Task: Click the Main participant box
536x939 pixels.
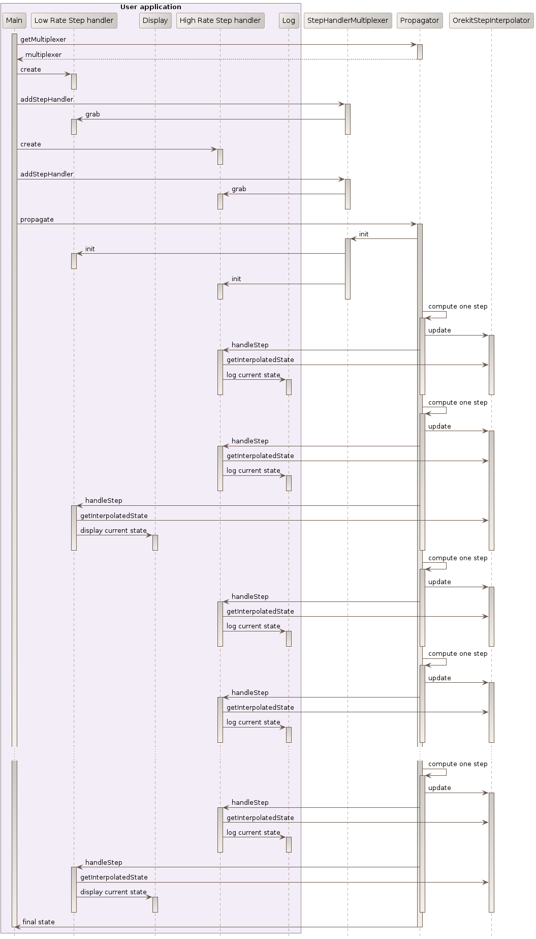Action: click(x=14, y=20)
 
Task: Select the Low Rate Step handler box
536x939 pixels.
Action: click(x=74, y=20)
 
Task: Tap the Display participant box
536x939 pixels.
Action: click(x=155, y=20)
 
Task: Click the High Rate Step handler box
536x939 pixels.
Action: click(x=220, y=20)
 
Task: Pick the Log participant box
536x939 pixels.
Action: click(x=289, y=20)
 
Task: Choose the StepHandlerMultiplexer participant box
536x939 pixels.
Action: click(x=348, y=20)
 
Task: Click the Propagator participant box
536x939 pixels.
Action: click(x=419, y=20)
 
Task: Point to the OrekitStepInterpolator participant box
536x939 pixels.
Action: click(x=491, y=20)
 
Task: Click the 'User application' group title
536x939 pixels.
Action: click(x=150, y=7)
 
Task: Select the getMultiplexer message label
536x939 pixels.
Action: click(x=43, y=39)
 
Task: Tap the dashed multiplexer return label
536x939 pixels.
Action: click(x=43, y=54)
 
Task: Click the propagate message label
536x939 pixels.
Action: click(x=37, y=219)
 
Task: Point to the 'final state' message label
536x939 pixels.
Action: click(x=38, y=922)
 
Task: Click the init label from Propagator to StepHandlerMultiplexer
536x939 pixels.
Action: click(x=364, y=234)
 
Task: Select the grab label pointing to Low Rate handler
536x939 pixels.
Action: click(x=92, y=114)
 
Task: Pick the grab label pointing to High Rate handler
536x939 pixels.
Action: click(x=239, y=189)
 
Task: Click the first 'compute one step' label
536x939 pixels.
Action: click(x=457, y=306)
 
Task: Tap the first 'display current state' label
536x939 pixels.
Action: click(x=113, y=530)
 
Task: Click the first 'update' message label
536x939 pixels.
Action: click(x=439, y=330)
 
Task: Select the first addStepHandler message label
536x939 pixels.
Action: click(x=47, y=99)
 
